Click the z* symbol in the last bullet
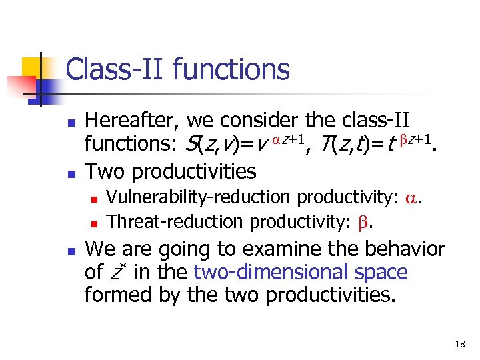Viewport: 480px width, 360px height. coord(117,273)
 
